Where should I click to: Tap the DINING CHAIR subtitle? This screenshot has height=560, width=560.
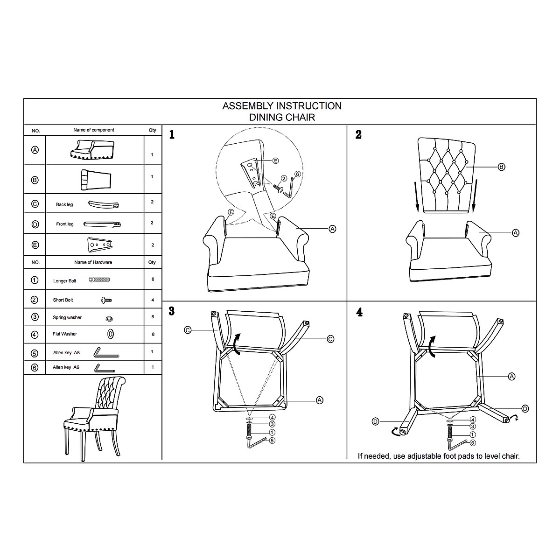[282, 118]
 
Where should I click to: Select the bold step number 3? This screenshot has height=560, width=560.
[172, 311]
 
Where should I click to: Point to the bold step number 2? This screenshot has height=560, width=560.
[358, 135]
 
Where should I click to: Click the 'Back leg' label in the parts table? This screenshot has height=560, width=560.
[64, 204]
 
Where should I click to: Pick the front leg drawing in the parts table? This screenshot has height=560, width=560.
[103, 224]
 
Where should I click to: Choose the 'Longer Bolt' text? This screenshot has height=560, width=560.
[65, 281]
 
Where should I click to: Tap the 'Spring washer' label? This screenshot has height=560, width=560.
[67, 317]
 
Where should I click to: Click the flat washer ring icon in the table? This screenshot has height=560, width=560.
[111, 334]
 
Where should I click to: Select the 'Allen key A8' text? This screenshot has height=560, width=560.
[66, 353]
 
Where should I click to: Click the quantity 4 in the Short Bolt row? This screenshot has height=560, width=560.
[152, 300]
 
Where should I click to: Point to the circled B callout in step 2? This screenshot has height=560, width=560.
[502, 167]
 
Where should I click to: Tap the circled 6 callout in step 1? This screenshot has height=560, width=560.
[298, 174]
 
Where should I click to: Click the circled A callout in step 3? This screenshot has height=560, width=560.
[320, 400]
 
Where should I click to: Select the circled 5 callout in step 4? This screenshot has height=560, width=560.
[473, 442]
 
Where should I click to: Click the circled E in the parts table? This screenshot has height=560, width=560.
[35, 245]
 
